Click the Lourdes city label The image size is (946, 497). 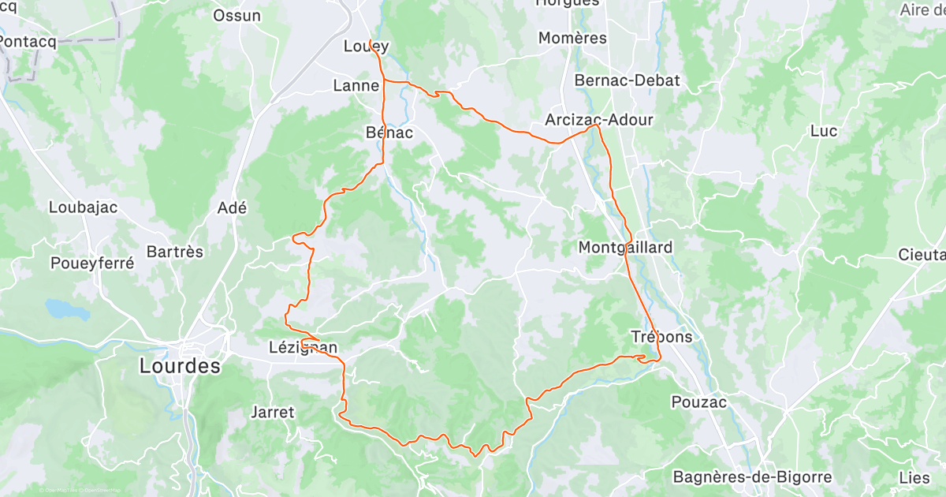pos(180,366)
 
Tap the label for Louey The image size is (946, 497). pos(367,47)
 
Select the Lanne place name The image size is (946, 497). pos(356,85)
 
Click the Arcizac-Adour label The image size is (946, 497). pos(599,120)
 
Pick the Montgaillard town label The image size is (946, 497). pos(626,247)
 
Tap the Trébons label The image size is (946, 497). pos(661,337)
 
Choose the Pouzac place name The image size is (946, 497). pos(698,402)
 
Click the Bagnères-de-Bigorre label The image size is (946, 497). pos(752,476)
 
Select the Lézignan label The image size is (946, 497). pos(304,347)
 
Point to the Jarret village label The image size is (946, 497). pos(272,412)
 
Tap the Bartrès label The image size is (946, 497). pos(175,252)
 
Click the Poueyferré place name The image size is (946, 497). pos(92,263)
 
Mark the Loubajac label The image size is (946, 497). pos(83,207)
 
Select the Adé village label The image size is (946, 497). pos(232,208)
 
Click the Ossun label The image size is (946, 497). pos(237,15)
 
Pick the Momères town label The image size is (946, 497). pos(572,38)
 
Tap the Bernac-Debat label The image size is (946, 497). pos(627,80)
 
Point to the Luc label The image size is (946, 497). pos(824,131)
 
